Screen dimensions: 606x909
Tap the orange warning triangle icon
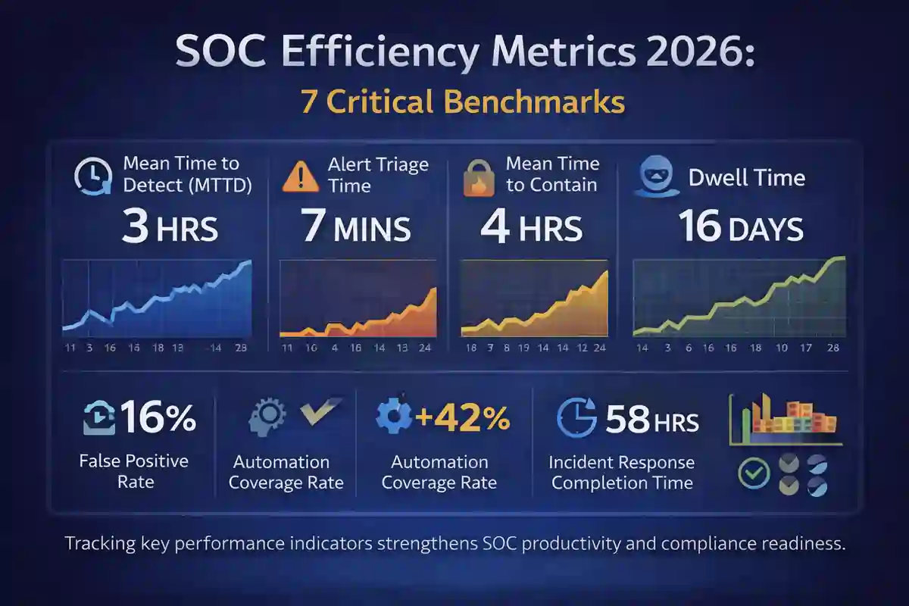[300, 176]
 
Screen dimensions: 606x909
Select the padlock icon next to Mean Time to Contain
[479, 176]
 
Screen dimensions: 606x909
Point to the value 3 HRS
[169, 228]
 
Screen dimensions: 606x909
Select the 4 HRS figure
[531, 228]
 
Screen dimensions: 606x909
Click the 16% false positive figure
[158, 418]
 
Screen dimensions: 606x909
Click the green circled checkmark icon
[754, 473]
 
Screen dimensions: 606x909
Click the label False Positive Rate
[133, 470]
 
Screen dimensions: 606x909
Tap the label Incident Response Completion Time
[622, 472]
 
